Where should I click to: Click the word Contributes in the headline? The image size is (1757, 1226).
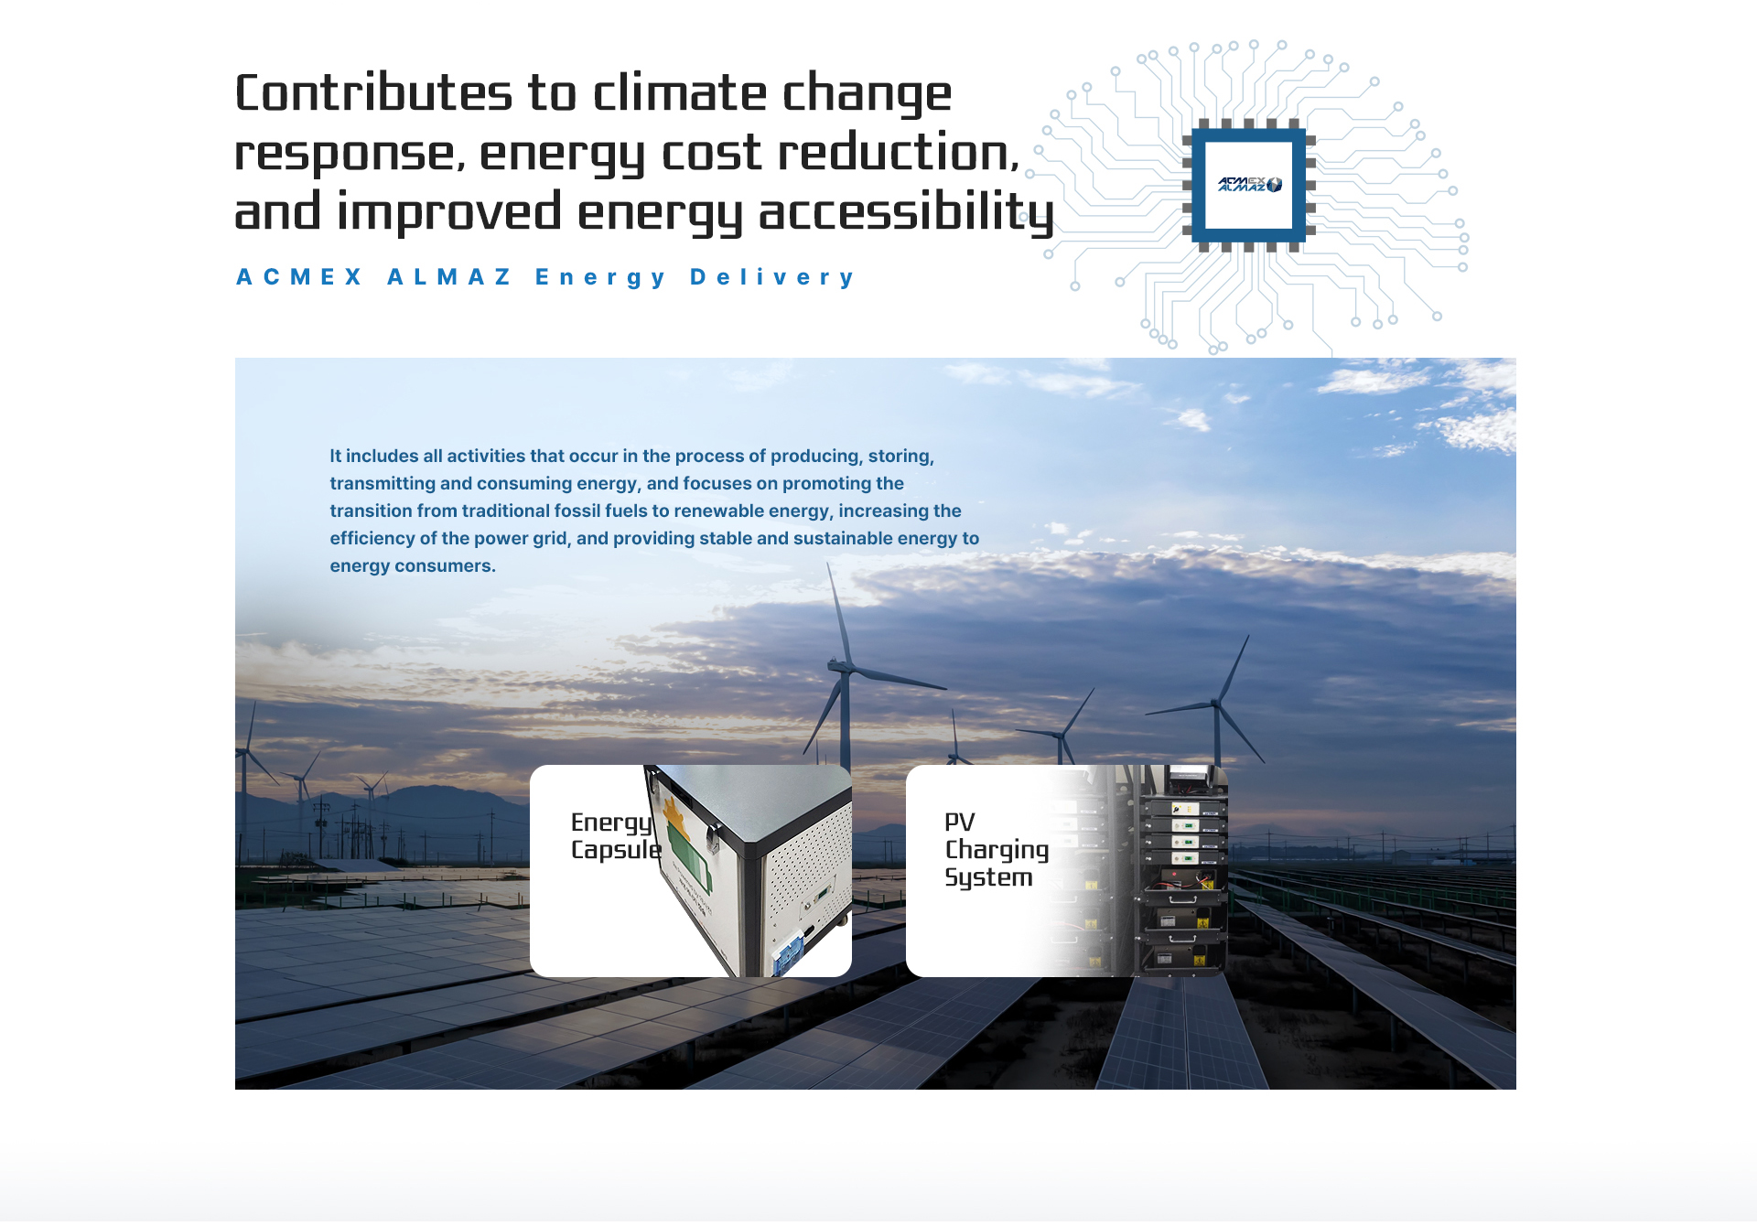click(373, 93)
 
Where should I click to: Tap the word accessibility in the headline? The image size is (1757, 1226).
click(907, 213)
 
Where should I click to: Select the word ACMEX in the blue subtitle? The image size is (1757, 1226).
click(300, 277)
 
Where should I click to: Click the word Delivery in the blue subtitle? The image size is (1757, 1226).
click(772, 277)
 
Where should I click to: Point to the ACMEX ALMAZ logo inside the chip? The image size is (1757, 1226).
click(1249, 185)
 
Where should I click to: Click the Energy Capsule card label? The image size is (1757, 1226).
click(616, 836)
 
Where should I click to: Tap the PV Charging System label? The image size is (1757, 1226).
click(997, 850)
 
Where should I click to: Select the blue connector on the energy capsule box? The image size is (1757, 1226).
click(789, 953)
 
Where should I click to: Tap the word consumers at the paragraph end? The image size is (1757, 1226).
click(445, 566)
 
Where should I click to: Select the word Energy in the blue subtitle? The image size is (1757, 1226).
click(600, 278)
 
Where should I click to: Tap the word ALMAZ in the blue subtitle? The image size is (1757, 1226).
click(449, 277)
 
